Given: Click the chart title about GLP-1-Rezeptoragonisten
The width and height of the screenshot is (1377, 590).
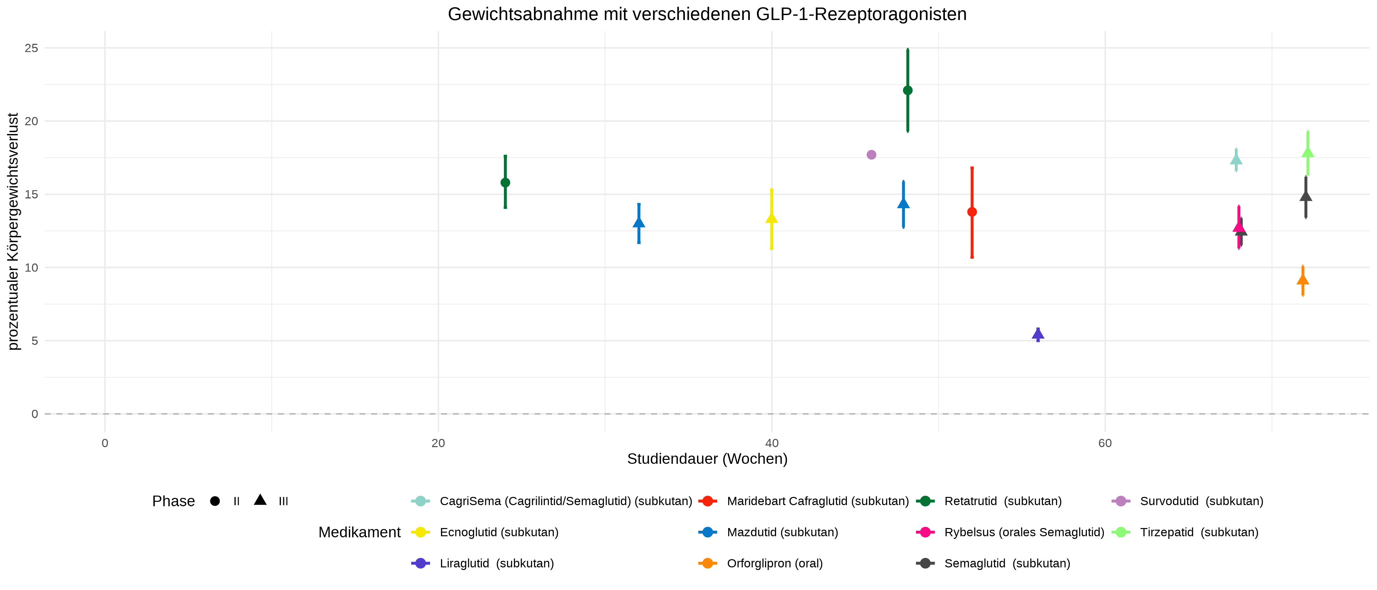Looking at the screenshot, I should click(707, 14).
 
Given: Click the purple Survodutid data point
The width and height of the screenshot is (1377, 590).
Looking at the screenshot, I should click(871, 155).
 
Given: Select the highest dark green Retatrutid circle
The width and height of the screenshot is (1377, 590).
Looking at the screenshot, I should click(908, 90).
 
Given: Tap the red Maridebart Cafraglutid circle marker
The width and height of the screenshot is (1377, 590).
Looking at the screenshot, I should click(972, 212).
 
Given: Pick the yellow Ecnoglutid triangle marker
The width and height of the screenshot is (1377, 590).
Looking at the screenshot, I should click(771, 218).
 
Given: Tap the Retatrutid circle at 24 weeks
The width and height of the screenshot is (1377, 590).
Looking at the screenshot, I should click(505, 183).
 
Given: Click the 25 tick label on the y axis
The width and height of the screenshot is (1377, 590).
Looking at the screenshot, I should click(31, 48).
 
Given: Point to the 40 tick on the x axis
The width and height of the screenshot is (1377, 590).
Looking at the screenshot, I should click(771, 443).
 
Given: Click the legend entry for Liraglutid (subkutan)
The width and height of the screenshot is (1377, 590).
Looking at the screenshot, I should click(496, 563).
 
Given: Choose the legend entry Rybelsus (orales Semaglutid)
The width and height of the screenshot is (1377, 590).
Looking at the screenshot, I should click(1024, 532).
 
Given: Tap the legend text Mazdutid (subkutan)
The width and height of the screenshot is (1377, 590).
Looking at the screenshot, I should click(782, 532).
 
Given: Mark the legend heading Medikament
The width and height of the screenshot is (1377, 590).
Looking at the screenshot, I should click(359, 532).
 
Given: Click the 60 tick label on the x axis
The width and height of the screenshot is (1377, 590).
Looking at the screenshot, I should click(1105, 443).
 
